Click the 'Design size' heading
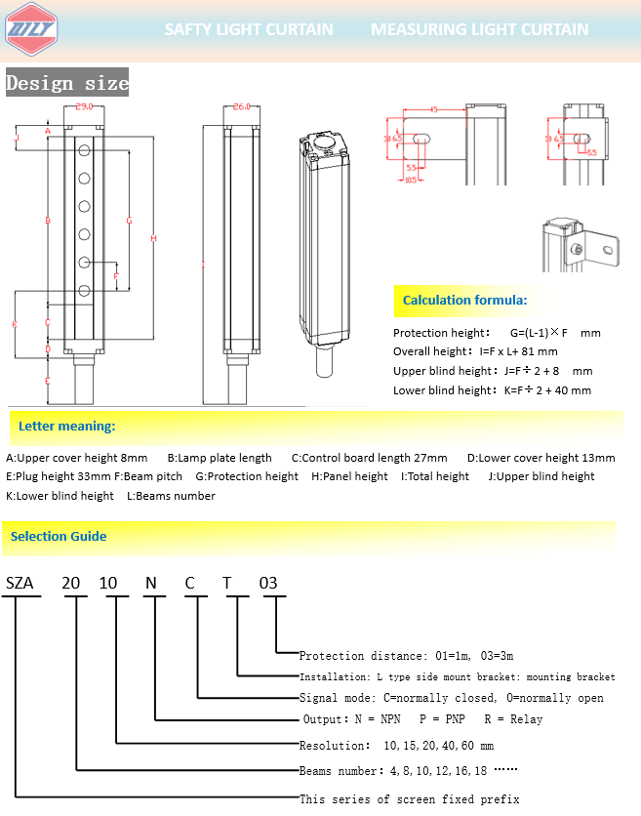[67, 83]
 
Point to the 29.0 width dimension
[83, 106]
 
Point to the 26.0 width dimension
[242, 106]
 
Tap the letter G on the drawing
[129, 221]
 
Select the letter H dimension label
[153, 239]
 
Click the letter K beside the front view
[15, 323]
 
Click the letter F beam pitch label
[116, 276]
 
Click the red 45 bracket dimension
[432, 109]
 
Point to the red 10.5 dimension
[410, 180]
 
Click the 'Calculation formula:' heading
[464, 300]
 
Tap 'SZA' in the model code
[20, 584]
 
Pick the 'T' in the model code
[227, 584]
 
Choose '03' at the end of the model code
[268, 584]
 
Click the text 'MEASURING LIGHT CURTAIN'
[479, 29]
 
